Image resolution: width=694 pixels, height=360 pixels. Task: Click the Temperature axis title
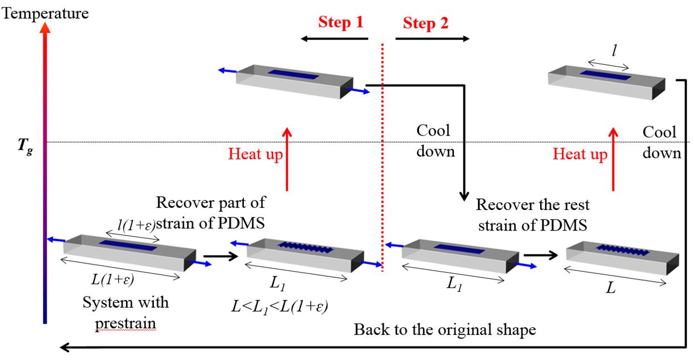point(46,12)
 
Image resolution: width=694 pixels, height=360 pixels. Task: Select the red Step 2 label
point(426,23)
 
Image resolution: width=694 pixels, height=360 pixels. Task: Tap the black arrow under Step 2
point(432,39)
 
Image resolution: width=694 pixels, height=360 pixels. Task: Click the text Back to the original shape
point(445,329)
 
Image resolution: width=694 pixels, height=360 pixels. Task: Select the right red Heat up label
point(580,154)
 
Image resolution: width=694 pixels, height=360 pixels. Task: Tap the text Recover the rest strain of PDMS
point(532,215)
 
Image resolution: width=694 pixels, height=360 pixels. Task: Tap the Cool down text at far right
point(661,142)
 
